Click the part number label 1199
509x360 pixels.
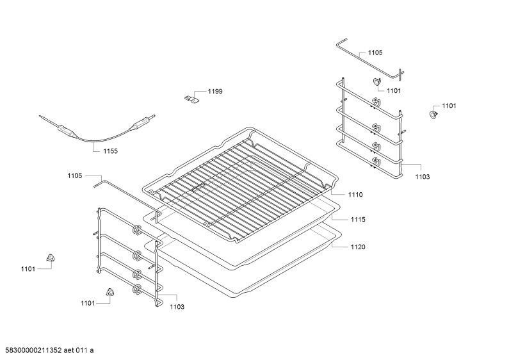(x=215, y=92)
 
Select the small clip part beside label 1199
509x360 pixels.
(x=191, y=99)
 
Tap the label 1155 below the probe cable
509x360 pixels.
(x=110, y=151)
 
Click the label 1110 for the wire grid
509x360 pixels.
(x=355, y=195)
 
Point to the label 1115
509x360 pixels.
(x=358, y=220)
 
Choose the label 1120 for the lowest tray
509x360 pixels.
(x=358, y=247)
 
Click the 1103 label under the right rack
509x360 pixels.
(x=423, y=177)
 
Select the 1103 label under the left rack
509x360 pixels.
(x=177, y=307)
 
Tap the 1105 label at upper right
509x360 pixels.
(x=375, y=53)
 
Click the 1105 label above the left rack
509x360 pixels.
(x=75, y=176)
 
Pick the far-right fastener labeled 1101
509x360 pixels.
(x=433, y=115)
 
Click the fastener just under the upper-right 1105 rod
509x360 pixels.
(x=376, y=81)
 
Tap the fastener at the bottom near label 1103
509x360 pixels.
(x=110, y=291)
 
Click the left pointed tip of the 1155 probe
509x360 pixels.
(x=40, y=116)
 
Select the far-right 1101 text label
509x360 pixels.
(x=449, y=106)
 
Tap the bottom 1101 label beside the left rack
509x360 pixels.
(x=88, y=304)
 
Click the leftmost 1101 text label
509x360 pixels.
(x=28, y=269)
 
